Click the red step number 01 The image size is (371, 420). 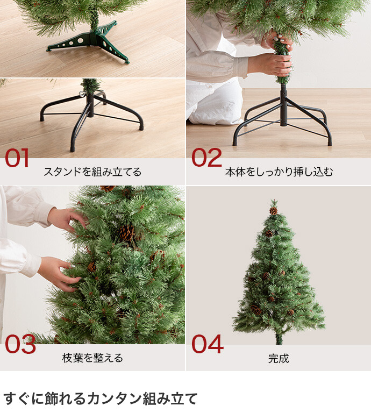[x=17, y=158]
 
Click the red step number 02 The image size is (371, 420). [x=206, y=158]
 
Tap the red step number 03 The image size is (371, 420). [x=20, y=344]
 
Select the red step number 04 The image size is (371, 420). [x=208, y=344]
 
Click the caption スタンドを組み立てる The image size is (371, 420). [x=92, y=172]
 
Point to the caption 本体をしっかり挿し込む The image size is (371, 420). [x=279, y=172]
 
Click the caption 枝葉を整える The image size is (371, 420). [x=92, y=358]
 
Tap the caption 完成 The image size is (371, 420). [x=279, y=358]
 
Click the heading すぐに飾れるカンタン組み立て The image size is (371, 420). [x=100, y=398]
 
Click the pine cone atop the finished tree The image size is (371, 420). [x=273, y=210]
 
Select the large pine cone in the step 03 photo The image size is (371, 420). [x=126, y=233]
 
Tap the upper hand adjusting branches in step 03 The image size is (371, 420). [x=67, y=218]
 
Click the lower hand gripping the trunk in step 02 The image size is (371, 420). [x=270, y=64]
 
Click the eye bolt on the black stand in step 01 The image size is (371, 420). [x=82, y=94]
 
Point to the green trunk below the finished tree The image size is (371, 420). [x=279, y=338]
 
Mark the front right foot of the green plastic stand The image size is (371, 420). [x=127, y=62]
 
